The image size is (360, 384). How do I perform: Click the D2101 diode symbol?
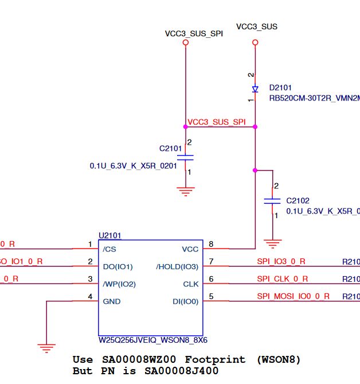pyautogui.click(x=255, y=89)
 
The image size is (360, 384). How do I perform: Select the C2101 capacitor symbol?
pyautogui.click(x=185, y=157)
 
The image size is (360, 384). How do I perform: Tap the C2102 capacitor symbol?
pyautogui.click(x=272, y=201)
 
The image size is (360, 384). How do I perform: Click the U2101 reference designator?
pyautogui.click(x=110, y=235)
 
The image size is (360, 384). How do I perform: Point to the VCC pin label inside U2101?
pyautogui.click(x=190, y=249)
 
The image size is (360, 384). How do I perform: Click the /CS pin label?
pyautogui.click(x=109, y=249)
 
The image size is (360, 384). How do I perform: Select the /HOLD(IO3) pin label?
pyautogui.click(x=177, y=266)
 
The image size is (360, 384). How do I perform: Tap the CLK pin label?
pyautogui.click(x=190, y=284)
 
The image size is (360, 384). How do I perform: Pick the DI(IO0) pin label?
pyautogui.click(x=185, y=301)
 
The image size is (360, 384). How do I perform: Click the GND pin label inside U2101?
pyautogui.click(x=111, y=301)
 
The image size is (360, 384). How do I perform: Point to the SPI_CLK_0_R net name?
pyautogui.click(x=282, y=279)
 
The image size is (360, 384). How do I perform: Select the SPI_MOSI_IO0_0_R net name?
pyautogui.click(x=293, y=296)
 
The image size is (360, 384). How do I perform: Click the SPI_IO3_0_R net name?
pyautogui.click(x=281, y=262)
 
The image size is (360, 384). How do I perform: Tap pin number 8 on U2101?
pyautogui.click(x=211, y=245)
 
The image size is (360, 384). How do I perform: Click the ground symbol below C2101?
pyautogui.click(x=185, y=191)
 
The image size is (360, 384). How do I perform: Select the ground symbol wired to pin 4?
pyautogui.click(x=46, y=347)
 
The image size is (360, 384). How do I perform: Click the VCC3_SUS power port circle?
pyautogui.click(x=255, y=42)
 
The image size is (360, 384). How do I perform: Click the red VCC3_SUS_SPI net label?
pyautogui.click(x=217, y=122)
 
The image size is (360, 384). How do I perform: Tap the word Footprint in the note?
pyautogui.click(x=210, y=360)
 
